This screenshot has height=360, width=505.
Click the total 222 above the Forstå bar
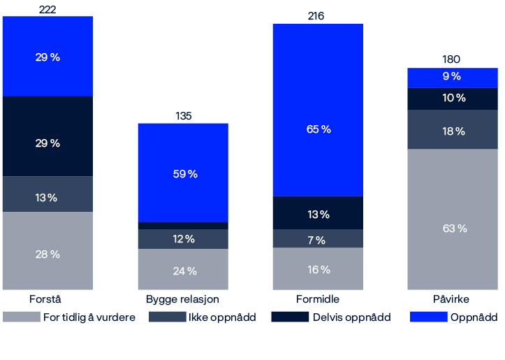point(47,9)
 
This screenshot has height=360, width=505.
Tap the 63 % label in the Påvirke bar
point(453,229)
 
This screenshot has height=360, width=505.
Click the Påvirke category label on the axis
point(452,299)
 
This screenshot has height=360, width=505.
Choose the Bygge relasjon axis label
point(183,299)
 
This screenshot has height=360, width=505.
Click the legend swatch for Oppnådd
point(427,317)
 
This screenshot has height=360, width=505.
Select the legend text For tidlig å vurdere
point(89,317)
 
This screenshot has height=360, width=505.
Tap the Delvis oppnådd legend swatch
point(289,317)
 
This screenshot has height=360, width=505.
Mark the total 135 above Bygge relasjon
point(182,116)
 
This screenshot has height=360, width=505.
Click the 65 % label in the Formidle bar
point(318,129)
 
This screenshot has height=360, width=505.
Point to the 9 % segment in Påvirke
point(453,77)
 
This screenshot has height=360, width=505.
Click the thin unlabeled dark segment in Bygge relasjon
point(183,225)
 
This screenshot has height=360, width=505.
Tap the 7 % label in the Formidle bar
point(318,240)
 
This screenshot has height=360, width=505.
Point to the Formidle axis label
point(317,299)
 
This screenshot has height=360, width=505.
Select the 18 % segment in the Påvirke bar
point(453,130)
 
